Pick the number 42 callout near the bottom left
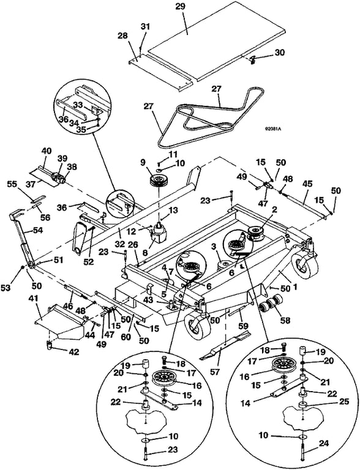click(73, 352)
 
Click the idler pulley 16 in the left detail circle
click(165, 379)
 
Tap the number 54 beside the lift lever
click(37, 231)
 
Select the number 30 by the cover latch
click(279, 52)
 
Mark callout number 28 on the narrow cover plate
click(122, 35)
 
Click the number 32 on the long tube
click(120, 244)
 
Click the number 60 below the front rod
click(126, 337)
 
